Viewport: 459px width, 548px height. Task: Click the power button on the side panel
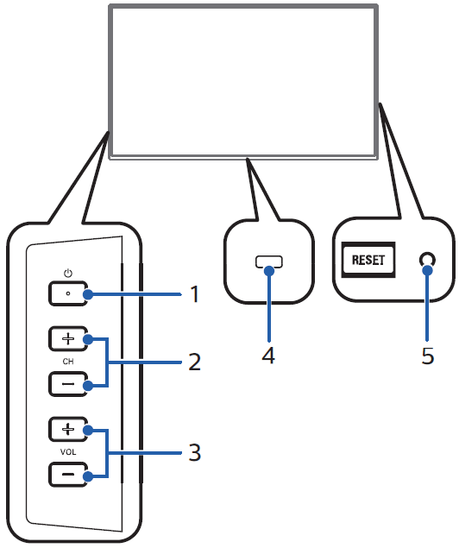(x=68, y=293)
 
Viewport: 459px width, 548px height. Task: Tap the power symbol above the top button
(x=68, y=274)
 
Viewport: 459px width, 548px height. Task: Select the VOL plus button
(x=68, y=429)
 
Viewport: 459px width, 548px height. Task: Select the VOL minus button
(x=68, y=475)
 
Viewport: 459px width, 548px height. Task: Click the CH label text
(x=68, y=362)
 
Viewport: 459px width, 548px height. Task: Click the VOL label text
(x=68, y=452)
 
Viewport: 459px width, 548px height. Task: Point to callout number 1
(x=195, y=294)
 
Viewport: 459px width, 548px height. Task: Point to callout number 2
(x=195, y=362)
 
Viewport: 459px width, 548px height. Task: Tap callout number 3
(x=195, y=452)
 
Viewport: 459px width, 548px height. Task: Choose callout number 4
(x=268, y=356)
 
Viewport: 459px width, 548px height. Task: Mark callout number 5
(x=428, y=356)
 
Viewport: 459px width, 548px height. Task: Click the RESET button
(x=368, y=260)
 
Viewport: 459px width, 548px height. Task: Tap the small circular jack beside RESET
(x=428, y=260)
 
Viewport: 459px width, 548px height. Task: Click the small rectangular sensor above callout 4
(x=269, y=261)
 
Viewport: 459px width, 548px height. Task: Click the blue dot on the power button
(x=88, y=294)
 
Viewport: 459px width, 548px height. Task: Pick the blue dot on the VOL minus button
(x=88, y=476)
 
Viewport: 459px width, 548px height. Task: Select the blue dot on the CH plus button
(x=88, y=339)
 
